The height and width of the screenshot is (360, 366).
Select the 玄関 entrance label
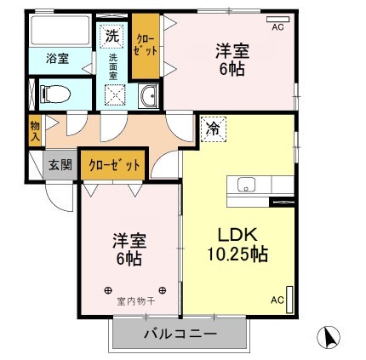60,164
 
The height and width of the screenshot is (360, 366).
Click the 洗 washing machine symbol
112,37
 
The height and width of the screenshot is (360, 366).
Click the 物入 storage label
34,130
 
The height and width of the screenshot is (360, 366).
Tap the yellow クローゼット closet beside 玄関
114,165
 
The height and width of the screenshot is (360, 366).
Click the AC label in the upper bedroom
277,27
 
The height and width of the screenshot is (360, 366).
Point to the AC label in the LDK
277,300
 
